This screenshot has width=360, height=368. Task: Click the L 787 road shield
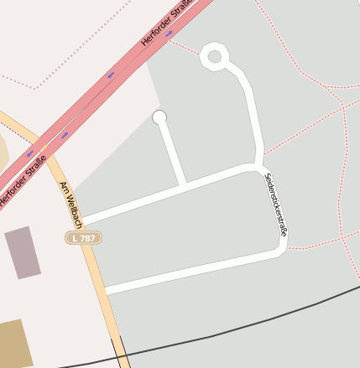83,238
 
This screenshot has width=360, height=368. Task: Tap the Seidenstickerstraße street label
275,205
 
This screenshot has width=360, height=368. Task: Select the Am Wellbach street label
70,205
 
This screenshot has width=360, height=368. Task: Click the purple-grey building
23,252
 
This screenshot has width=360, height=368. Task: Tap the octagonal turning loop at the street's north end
215,57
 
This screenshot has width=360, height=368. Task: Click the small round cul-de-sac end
159,117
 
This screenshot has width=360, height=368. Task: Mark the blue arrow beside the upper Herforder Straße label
170,34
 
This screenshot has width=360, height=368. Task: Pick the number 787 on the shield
87,238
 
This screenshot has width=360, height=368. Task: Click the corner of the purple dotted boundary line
36,88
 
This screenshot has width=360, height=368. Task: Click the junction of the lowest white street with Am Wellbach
105,290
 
